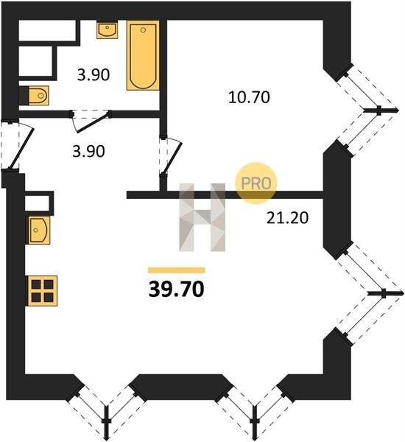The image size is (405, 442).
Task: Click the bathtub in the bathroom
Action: coord(143,55)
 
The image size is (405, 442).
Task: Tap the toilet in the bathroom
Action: coord(38,96)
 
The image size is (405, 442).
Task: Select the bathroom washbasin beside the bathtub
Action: coord(107,29)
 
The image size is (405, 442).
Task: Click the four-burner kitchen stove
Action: coord(42,291)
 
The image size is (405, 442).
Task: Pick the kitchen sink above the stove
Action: coord(38,230)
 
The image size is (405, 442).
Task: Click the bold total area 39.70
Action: coord(176,290)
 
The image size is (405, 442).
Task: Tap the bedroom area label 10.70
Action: coord(249,97)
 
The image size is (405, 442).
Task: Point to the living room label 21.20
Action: coord(287,218)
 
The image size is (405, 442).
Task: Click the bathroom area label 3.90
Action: coord(94,75)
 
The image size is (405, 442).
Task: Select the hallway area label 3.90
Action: coord(88,151)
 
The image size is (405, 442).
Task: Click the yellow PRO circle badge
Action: coord(256,183)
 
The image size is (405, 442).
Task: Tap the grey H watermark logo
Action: coord(202,217)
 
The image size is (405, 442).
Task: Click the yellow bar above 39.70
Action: coord(177,270)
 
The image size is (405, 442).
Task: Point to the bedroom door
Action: coord(170,156)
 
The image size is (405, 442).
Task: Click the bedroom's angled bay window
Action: coord(367,110)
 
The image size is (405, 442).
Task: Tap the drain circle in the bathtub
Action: coord(143,29)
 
